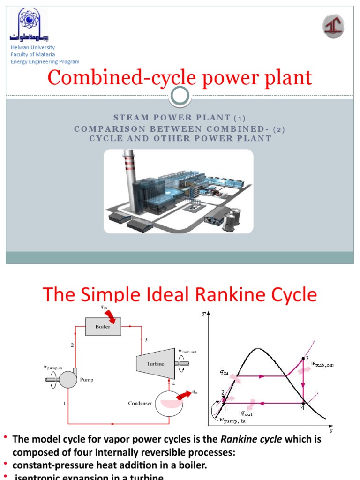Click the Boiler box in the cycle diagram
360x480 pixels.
103,327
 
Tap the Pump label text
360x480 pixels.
86,380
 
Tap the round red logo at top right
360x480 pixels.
333,26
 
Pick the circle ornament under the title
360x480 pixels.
180,97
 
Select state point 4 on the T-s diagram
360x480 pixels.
303,402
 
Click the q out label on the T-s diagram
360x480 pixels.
247,413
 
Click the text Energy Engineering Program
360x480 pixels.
45,61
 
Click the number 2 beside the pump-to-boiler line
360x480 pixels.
72,345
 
